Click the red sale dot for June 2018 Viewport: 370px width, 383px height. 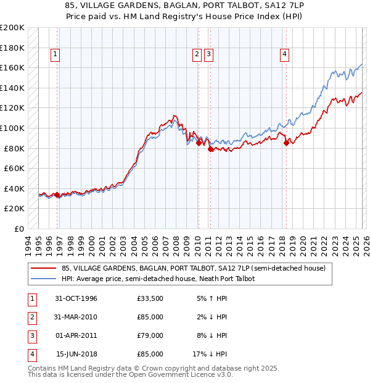pos(286,143)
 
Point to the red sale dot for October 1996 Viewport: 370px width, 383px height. pos(57,195)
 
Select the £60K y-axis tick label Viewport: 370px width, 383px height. pos(14,168)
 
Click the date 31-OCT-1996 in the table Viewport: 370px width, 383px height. pos(76,299)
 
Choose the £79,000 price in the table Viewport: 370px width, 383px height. pos(150,336)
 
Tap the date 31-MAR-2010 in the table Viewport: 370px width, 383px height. pos(76,318)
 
